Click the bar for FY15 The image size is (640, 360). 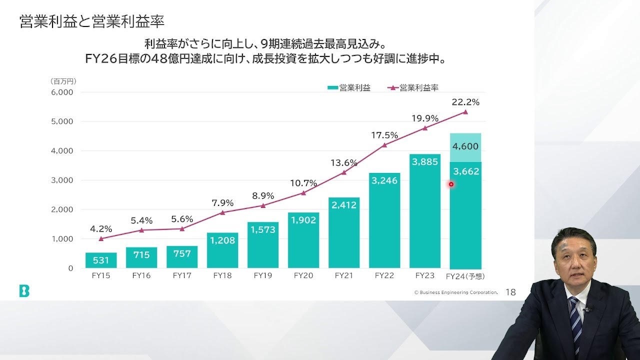(x=101, y=260)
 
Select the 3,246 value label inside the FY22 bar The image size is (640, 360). (x=384, y=180)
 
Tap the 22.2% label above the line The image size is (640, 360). (x=465, y=102)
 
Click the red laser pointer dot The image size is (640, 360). (x=451, y=184)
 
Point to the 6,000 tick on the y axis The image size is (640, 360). (x=62, y=92)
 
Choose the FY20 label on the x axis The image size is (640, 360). (x=303, y=275)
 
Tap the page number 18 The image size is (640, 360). (x=510, y=292)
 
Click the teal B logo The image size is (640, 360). (x=24, y=291)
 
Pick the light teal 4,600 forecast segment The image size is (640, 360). (x=465, y=147)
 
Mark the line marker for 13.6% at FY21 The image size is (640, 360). (x=344, y=172)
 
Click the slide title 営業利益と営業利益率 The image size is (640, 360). (x=92, y=22)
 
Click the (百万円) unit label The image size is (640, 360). (x=63, y=81)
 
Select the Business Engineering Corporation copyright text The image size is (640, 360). (x=455, y=292)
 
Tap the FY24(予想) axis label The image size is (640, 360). (x=465, y=276)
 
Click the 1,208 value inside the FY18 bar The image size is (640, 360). (x=222, y=240)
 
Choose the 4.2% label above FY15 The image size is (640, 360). (x=100, y=229)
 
